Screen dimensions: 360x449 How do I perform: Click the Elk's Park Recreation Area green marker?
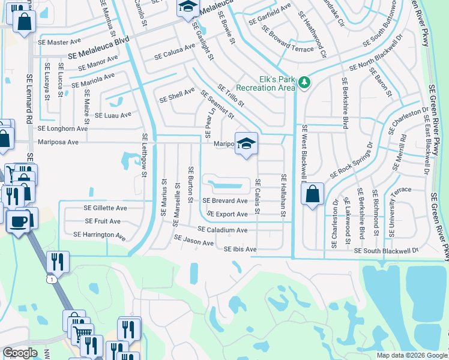pos(304,82)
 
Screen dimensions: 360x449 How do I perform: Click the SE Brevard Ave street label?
pos(224,201)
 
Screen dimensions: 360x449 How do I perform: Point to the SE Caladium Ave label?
pos(222,230)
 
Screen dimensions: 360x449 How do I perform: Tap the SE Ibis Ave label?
pos(240,249)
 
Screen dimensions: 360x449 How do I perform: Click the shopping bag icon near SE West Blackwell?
pos(312,194)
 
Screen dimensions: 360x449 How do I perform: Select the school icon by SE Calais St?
pos(246,144)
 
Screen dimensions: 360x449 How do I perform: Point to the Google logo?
pos(20,353)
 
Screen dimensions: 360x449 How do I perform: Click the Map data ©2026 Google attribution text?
pos(412,355)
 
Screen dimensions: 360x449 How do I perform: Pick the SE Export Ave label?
pos(227,214)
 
